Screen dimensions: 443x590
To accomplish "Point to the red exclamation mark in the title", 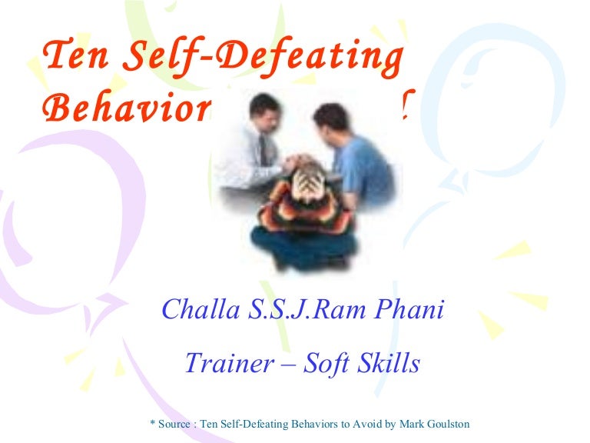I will tap(405, 106).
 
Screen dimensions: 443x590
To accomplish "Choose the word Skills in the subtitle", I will tap(393, 363).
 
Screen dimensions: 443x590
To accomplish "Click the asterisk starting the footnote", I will tap(151, 422).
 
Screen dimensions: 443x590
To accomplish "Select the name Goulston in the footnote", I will tap(444, 424).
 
